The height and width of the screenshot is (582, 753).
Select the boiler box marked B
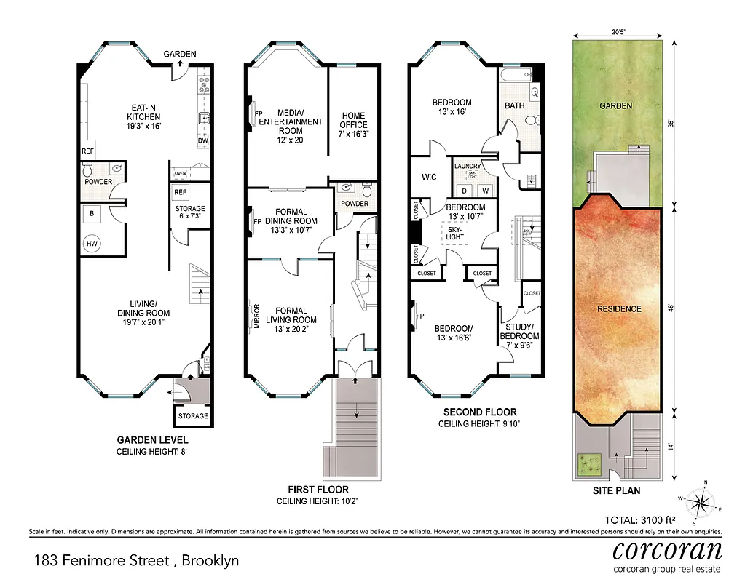[92, 214]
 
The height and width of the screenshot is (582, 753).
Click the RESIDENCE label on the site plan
[619, 308]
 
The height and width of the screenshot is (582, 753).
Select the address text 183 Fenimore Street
[136, 560]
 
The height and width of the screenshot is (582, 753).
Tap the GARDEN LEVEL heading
[153, 439]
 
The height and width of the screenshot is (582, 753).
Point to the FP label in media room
[258, 113]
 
